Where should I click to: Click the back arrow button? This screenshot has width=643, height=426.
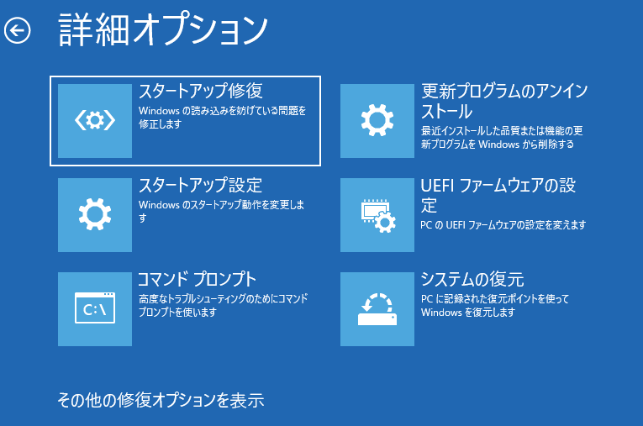17,30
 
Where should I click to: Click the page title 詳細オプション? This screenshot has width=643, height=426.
163,29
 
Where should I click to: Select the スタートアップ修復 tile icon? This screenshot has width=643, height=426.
95,121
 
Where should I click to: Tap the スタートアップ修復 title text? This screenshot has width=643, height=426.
201,91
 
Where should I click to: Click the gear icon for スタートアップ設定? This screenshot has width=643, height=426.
95,215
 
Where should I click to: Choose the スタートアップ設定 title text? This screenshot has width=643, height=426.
201,186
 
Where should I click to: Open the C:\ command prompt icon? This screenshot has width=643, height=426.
95,308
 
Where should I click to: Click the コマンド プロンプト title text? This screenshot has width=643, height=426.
197,279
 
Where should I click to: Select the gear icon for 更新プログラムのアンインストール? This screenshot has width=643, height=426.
377,121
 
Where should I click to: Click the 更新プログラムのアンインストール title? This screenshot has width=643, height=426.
504,101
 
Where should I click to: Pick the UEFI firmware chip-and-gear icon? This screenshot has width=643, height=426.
377,215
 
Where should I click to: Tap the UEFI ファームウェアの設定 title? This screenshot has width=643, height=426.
498,195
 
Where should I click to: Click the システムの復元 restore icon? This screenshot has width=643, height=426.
377,308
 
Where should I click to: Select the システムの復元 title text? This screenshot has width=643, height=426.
472,279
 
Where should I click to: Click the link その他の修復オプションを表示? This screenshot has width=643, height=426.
161,400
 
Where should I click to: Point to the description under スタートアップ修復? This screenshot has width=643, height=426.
222,118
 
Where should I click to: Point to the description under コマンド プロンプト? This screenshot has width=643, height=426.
223,306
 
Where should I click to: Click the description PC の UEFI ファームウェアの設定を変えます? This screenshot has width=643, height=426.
503,225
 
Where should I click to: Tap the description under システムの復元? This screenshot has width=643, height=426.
495,306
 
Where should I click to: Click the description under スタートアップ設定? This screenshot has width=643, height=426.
221,211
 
